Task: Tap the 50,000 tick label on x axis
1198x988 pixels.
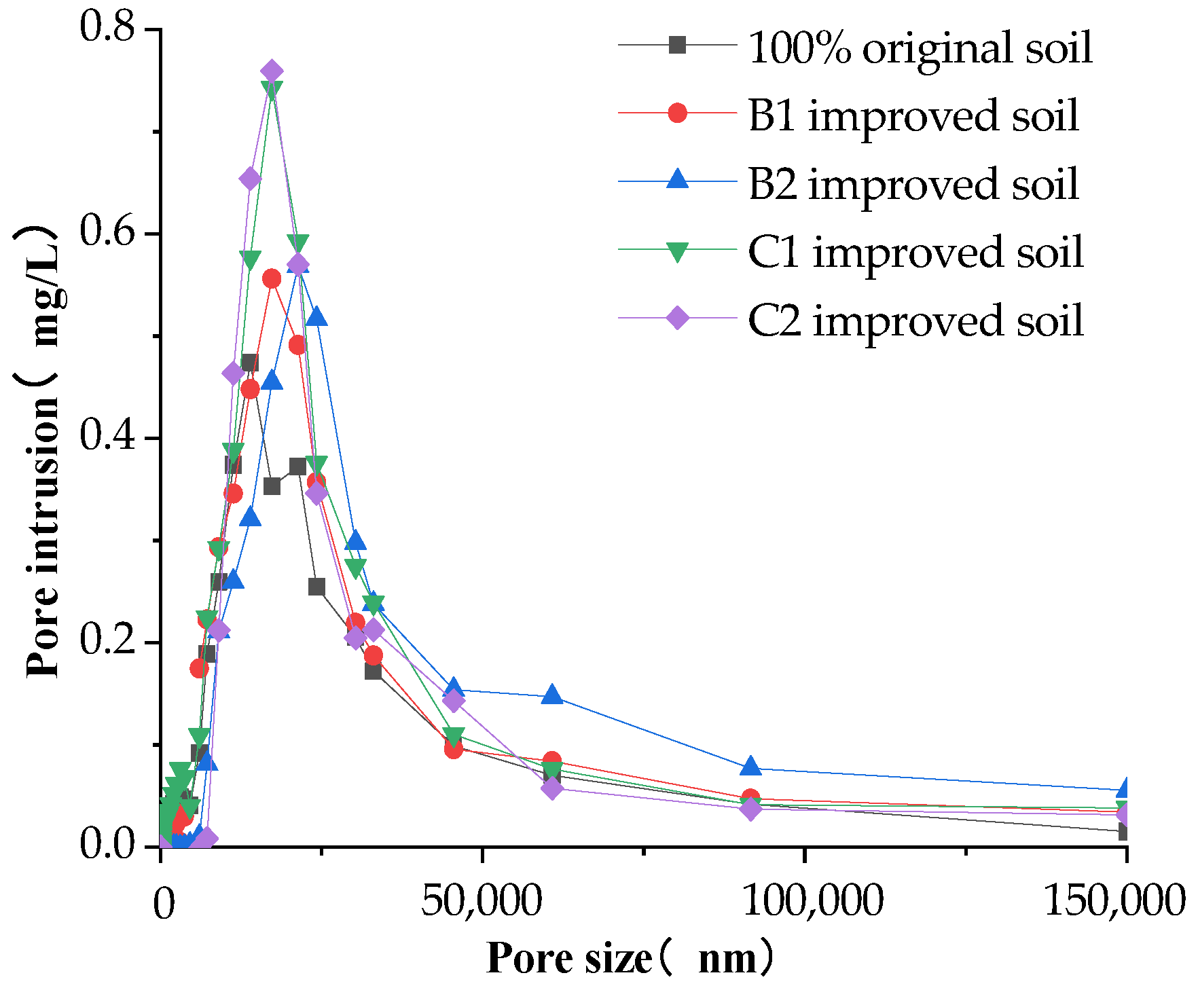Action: click(482, 901)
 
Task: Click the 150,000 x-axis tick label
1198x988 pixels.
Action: click(1114, 901)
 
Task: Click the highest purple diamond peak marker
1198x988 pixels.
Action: click(272, 72)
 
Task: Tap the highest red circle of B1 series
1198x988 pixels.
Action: click(272, 278)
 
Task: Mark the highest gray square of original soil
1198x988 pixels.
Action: click(249, 363)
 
